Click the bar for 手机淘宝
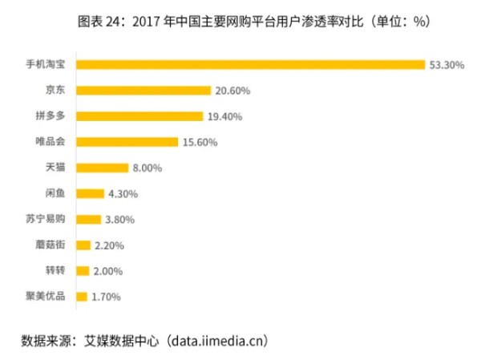point(250,64)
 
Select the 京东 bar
point(143,91)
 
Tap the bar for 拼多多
point(139,116)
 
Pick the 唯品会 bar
point(127,142)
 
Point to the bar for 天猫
point(102,168)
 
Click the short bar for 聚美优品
point(81,297)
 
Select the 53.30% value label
point(447,65)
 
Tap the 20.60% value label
point(233,91)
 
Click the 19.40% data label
point(225,116)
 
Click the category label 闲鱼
point(57,193)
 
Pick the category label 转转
point(57,270)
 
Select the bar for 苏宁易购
point(89,219)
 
